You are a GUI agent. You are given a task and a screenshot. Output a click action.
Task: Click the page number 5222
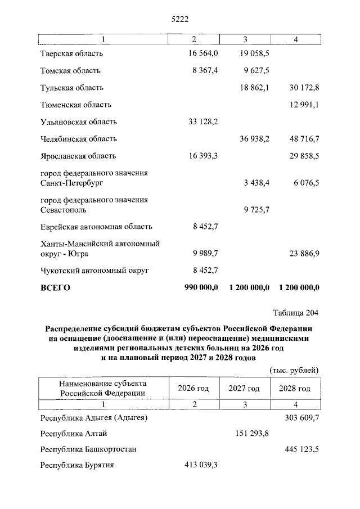click(x=179, y=20)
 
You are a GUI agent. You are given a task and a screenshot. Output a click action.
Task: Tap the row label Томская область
click(x=70, y=71)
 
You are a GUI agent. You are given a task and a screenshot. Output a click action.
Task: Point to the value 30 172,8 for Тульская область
click(x=300, y=88)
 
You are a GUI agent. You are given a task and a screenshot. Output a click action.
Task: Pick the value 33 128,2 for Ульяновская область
click(x=201, y=121)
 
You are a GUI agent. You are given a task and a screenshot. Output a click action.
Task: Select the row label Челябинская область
click(x=79, y=138)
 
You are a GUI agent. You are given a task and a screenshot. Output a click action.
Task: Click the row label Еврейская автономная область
click(x=96, y=227)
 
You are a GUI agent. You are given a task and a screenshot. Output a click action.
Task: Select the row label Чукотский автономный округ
click(x=94, y=271)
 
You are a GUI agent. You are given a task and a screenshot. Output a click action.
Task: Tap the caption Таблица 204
click(x=296, y=313)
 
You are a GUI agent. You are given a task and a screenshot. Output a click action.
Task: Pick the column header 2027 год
click(x=244, y=389)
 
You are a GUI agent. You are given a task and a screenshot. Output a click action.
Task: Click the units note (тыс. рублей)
click(x=294, y=370)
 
